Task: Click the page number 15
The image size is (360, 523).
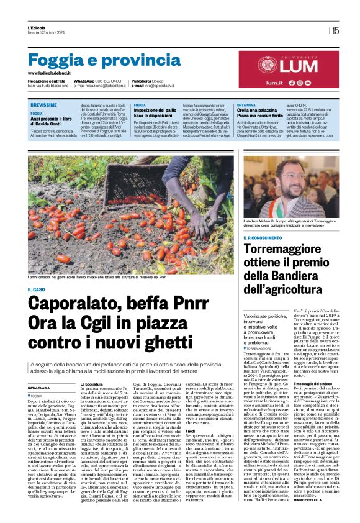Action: [335, 30]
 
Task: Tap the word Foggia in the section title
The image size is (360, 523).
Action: [56, 60]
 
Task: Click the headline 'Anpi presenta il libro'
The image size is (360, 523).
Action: [56, 119]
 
